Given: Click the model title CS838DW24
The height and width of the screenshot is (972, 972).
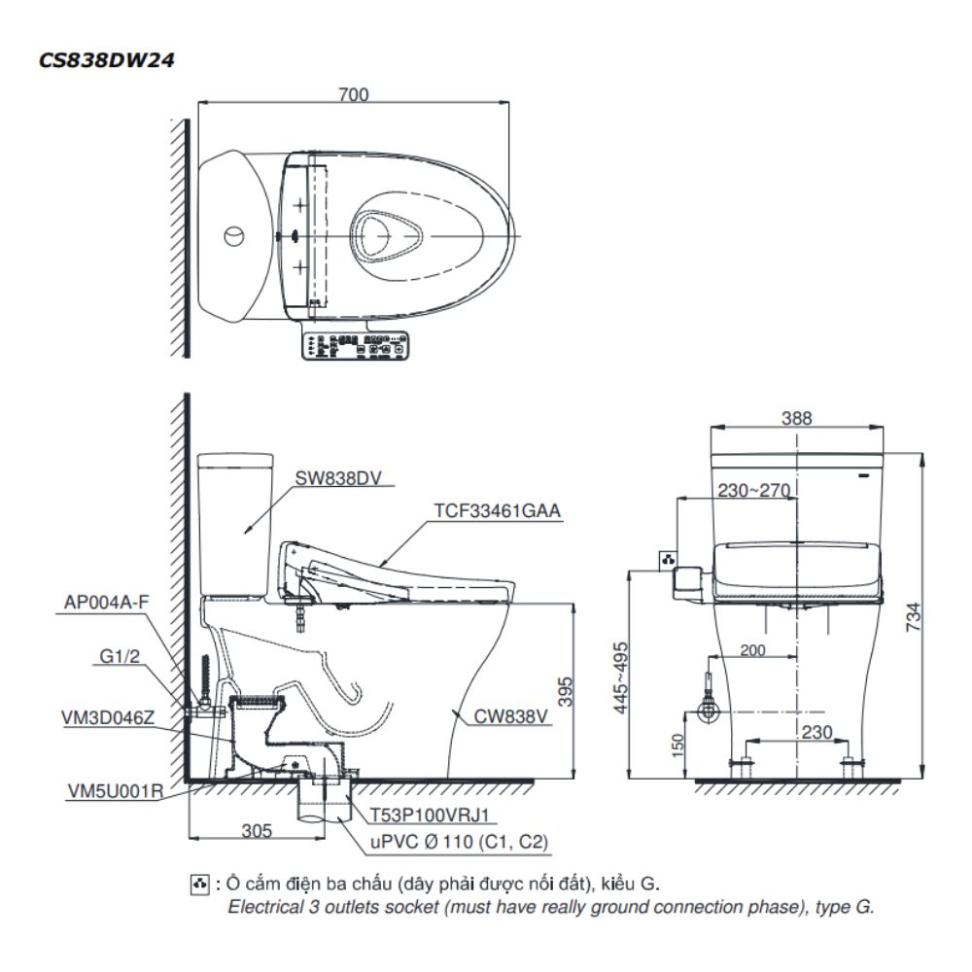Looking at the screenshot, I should (x=107, y=59).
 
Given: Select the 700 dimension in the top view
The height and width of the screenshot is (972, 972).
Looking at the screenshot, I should (x=353, y=93).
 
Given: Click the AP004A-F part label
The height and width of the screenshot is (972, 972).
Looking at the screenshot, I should (x=107, y=602).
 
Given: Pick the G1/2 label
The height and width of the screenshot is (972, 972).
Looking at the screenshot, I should (x=121, y=657).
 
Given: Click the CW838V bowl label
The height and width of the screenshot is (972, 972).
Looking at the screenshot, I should (x=512, y=718).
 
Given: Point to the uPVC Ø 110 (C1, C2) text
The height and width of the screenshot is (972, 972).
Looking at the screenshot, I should (x=450, y=843).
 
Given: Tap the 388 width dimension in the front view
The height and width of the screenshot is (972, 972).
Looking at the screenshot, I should (x=797, y=418).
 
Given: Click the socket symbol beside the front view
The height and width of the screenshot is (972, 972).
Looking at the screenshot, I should (x=668, y=560).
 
